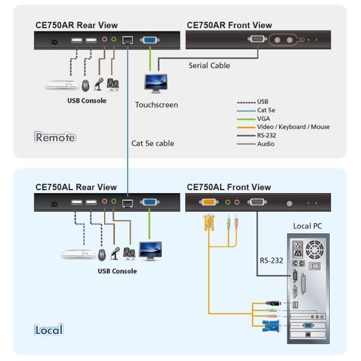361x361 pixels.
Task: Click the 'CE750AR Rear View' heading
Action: pyautogui.click(x=76, y=25)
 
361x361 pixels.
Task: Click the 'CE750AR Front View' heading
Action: pyautogui.click(x=229, y=25)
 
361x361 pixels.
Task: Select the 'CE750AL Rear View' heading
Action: pyautogui.click(x=76, y=187)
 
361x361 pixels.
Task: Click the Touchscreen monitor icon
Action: pyautogui.click(x=156, y=83)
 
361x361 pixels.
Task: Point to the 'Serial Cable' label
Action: pyautogui.click(x=209, y=66)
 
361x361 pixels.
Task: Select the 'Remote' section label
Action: pyautogui.click(x=55, y=137)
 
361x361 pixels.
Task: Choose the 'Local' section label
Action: pyautogui.click(x=49, y=330)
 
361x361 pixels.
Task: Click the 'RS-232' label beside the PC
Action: pyautogui.click(x=272, y=261)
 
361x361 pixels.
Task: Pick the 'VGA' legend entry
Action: pyautogui.click(x=264, y=119)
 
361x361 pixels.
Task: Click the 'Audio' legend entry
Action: pyautogui.click(x=267, y=144)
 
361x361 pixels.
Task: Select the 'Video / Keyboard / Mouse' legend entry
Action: pyautogui.click(x=293, y=127)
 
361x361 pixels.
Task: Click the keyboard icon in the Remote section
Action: pyautogui.click(x=61, y=85)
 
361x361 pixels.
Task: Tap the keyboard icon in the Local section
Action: pyautogui.click(x=78, y=254)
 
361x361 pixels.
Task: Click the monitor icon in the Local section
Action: pyautogui.click(x=150, y=250)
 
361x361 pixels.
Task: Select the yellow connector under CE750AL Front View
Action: pyautogui.click(x=209, y=223)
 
